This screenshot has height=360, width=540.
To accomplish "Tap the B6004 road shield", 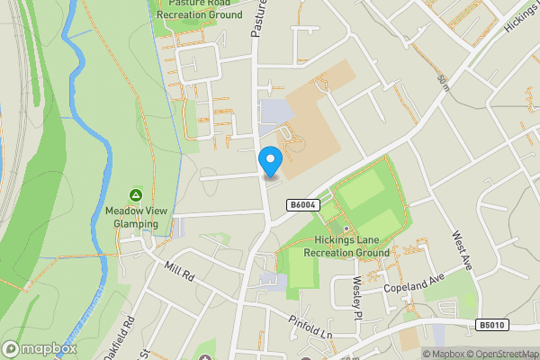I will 302,206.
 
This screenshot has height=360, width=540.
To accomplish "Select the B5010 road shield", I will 491,324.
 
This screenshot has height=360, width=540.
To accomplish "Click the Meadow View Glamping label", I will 136,217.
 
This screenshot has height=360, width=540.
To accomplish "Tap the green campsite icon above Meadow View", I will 136,194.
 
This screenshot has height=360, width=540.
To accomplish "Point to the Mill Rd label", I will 181,274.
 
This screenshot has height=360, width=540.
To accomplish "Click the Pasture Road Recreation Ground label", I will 199,9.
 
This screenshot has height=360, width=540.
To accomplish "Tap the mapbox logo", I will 39,349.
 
